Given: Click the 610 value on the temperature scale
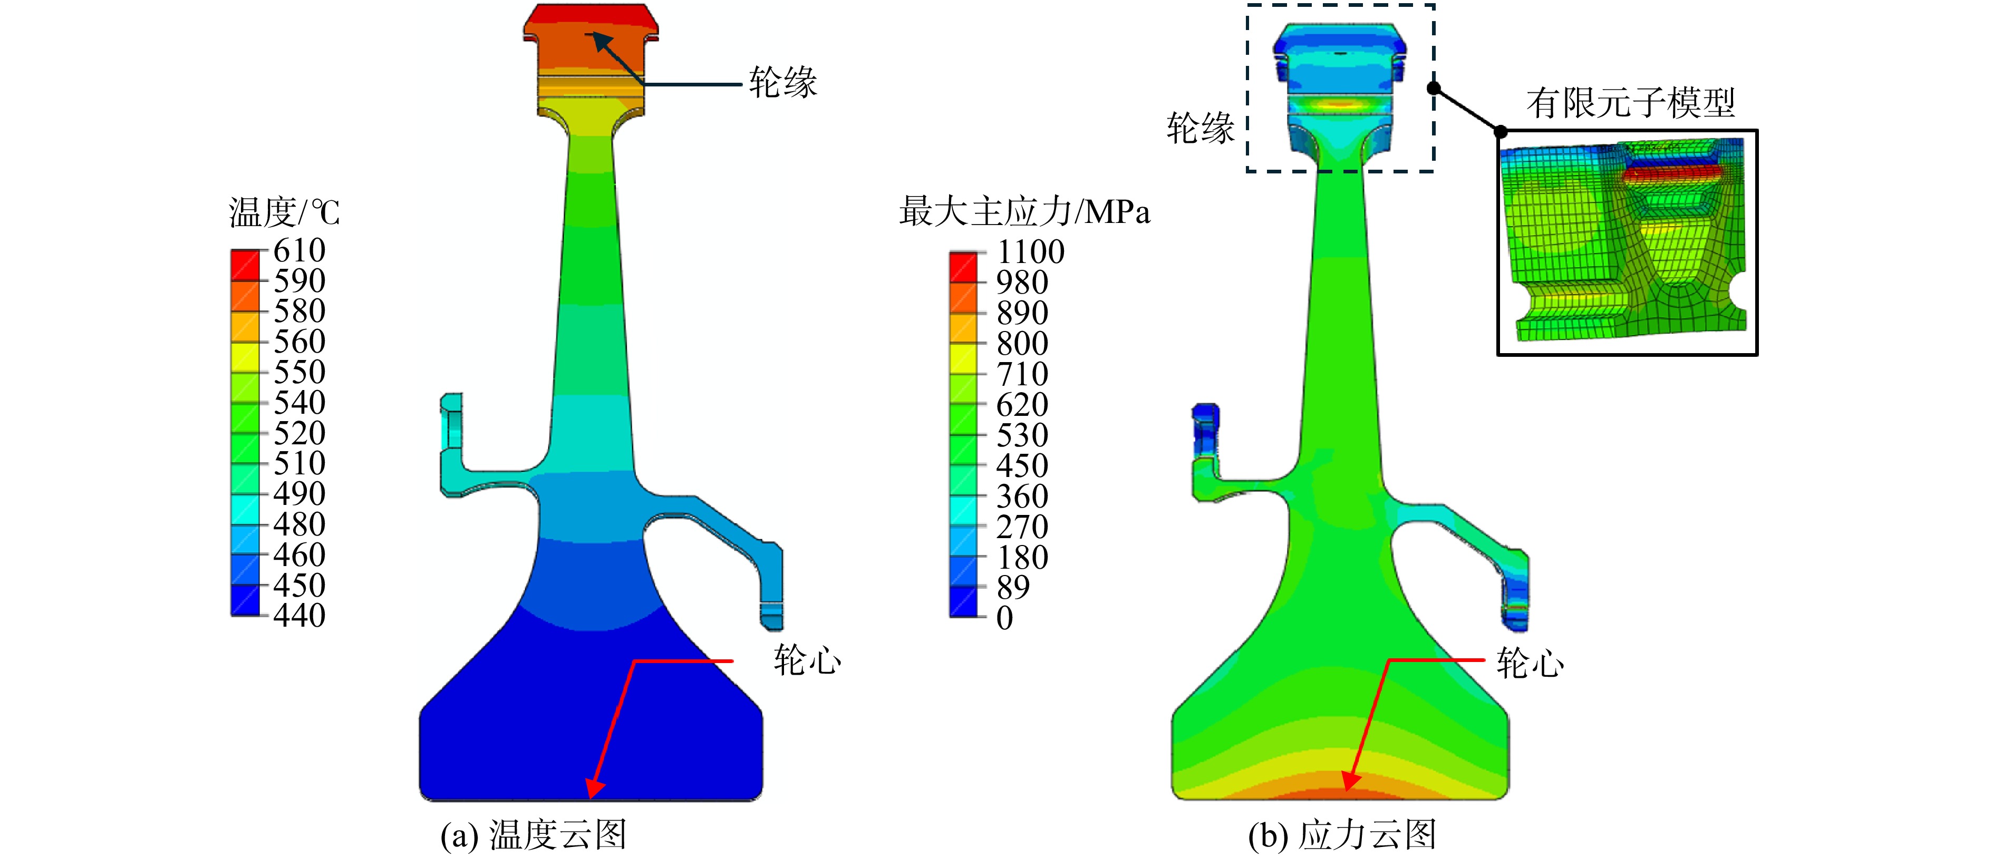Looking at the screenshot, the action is point(299,250).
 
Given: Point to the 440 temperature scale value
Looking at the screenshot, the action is point(299,616).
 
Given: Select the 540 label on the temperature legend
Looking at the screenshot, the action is point(299,402).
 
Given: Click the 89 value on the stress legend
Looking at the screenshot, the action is point(1013,588).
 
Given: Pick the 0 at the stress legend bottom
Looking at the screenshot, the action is point(1005,619).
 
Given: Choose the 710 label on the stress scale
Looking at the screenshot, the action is point(1022,374).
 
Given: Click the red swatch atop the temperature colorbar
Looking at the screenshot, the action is point(245,265).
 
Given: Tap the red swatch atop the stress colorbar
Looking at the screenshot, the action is point(963,267).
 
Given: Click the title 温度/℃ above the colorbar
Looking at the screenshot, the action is point(284,212).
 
